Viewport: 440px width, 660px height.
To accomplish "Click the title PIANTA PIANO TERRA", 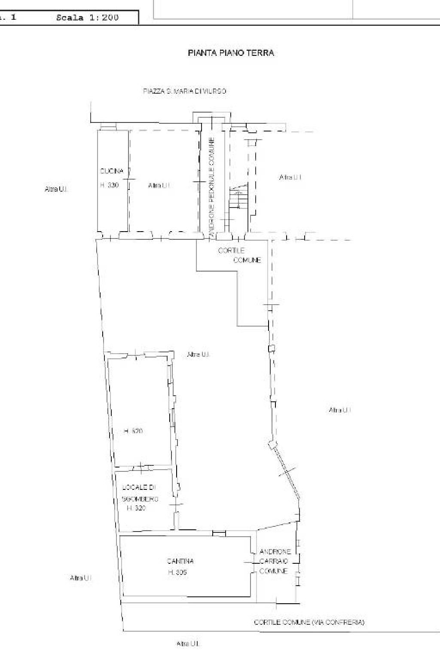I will click(x=231, y=53).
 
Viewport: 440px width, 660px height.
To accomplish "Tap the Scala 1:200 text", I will click(x=87, y=18).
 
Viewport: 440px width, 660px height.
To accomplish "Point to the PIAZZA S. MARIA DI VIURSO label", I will click(x=185, y=91).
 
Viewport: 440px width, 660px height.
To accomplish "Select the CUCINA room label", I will click(x=112, y=171).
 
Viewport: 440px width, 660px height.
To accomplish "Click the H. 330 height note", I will click(x=109, y=185).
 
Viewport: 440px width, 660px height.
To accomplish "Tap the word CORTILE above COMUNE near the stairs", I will click(x=231, y=251).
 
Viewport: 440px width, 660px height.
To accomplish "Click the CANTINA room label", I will click(x=180, y=561).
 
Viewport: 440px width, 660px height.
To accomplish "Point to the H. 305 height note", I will click(x=177, y=572).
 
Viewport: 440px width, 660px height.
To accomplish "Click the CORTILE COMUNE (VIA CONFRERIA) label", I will click(x=309, y=622).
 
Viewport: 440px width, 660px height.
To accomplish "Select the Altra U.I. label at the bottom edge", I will click(x=188, y=644).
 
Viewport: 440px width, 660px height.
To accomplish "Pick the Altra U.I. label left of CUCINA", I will click(x=56, y=189).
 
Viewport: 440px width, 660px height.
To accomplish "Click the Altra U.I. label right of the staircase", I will click(x=290, y=177).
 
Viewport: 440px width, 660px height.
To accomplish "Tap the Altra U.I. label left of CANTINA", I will click(x=81, y=578).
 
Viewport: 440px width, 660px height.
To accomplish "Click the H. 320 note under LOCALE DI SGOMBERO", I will click(x=136, y=508).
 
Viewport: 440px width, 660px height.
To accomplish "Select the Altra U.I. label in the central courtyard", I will click(x=198, y=354).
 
